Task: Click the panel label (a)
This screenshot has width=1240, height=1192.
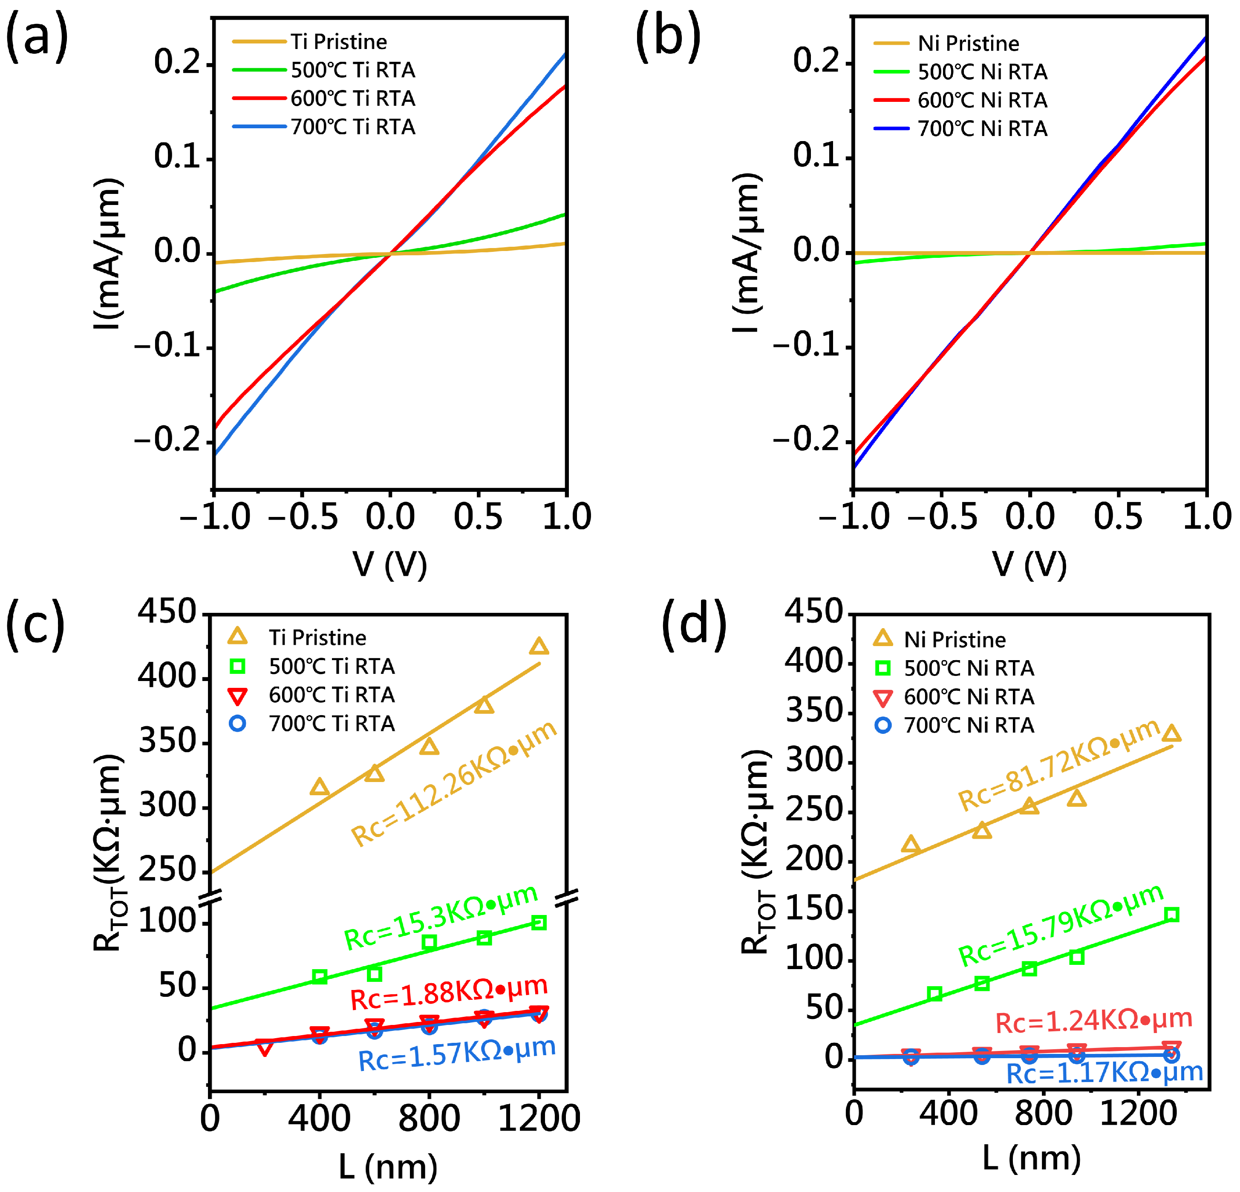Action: [36, 37]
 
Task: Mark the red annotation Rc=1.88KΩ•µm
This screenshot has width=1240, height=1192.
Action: [449, 994]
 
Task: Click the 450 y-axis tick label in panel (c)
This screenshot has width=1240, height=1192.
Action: [167, 612]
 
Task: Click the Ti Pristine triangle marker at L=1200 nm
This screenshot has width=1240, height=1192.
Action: [538, 647]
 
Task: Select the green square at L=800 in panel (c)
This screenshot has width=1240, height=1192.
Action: [429, 942]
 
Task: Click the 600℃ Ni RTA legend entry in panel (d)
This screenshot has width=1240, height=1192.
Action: [968, 697]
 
